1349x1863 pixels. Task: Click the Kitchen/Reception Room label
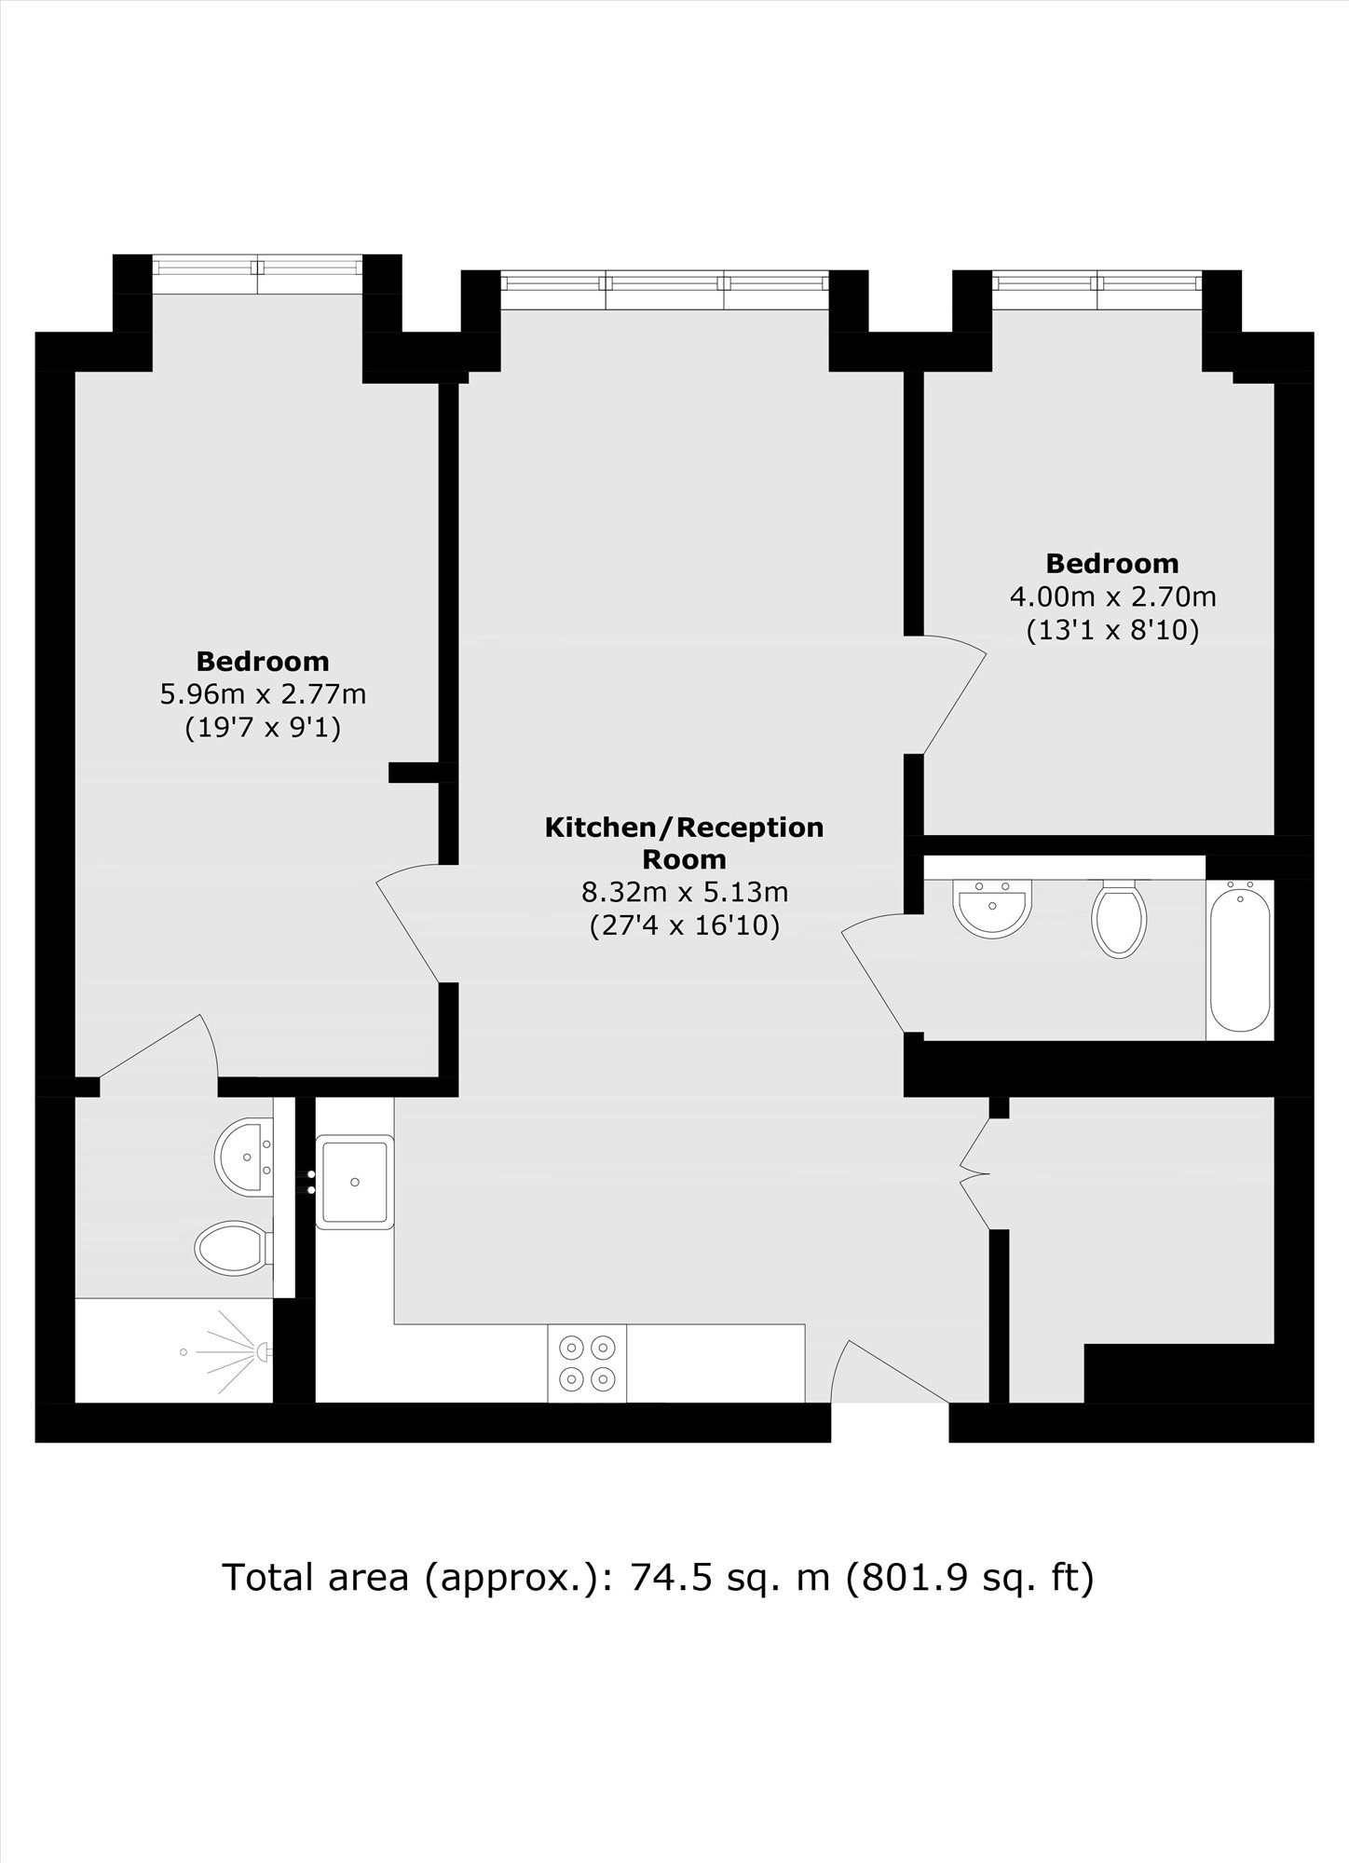(684, 842)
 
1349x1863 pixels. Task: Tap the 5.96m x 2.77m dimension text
(264, 694)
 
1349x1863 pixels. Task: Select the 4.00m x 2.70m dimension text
(1113, 596)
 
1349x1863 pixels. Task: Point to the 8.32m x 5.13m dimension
(685, 892)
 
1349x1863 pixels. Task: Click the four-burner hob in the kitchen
(587, 1363)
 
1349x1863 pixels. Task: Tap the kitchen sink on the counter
(355, 1182)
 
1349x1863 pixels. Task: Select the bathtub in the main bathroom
(1239, 959)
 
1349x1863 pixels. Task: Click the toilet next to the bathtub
(1120, 919)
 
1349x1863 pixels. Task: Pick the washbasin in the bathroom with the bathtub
(993, 907)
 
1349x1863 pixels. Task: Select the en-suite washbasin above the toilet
(244, 1157)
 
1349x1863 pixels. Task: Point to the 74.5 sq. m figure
(730, 1578)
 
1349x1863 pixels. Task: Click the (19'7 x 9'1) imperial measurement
(263, 727)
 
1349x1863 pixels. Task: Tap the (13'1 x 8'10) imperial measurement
(1112, 630)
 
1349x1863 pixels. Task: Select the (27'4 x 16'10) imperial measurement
(685, 926)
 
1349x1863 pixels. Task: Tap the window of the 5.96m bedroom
(257, 267)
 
